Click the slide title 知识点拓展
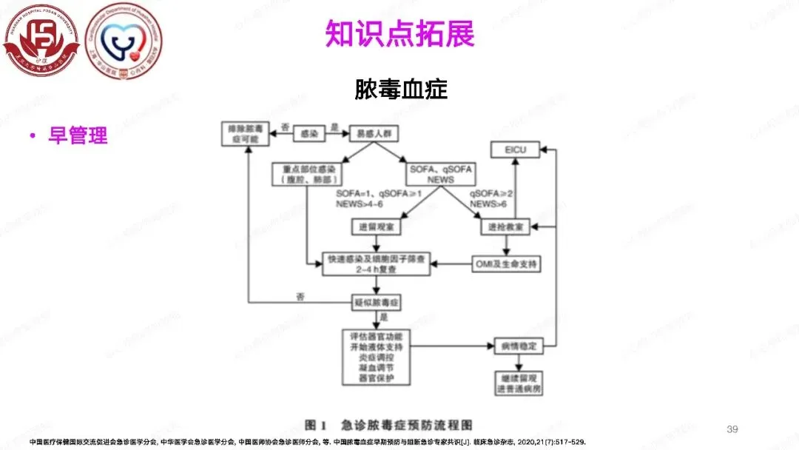tap(399, 33)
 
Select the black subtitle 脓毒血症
tap(401, 90)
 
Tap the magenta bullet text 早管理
tap(78, 136)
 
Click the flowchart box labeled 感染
tap(309, 133)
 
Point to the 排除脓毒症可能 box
tap(247, 134)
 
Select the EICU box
tap(515, 151)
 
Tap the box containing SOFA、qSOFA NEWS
tap(440, 174)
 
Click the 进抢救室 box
tap(506, 226)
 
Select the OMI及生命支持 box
tap(507, 263)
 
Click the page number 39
tap(733, 429)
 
